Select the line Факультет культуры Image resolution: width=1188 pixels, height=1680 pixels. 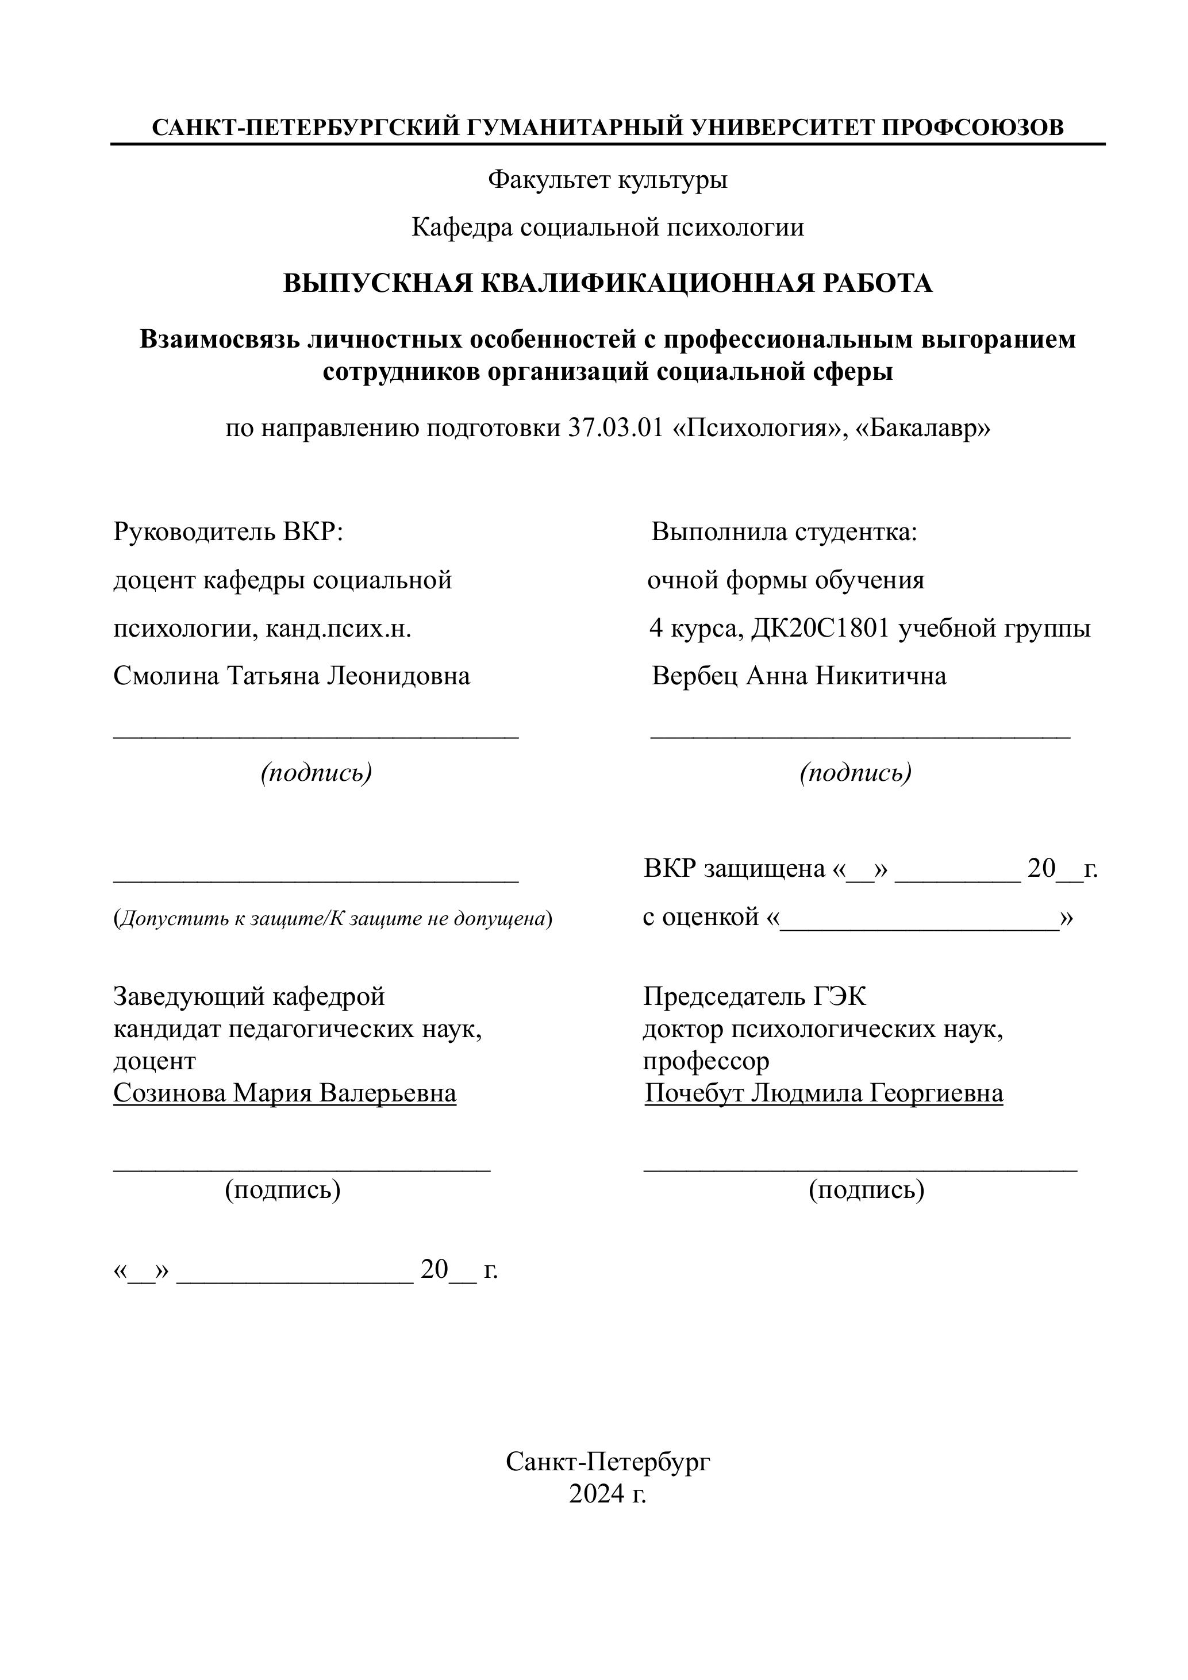pos(608,179)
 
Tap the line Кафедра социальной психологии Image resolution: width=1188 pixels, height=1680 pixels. pos(608,228)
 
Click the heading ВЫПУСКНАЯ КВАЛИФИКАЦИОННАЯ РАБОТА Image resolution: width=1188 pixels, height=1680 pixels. pos(608,283)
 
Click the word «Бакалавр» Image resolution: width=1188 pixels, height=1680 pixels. pos(922,428)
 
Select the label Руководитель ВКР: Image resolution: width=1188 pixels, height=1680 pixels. pos(228,532)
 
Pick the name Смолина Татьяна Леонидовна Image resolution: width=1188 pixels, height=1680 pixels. pos(291,675)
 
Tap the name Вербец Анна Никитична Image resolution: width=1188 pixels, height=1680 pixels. pos(798,675)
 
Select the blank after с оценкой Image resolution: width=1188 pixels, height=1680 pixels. pos(920,920)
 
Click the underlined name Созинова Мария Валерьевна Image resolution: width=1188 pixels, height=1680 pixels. pos(284,1093)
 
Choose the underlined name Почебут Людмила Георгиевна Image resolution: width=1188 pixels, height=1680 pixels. pos(824,1093)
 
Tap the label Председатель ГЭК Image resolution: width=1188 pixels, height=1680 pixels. pos(754,997)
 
